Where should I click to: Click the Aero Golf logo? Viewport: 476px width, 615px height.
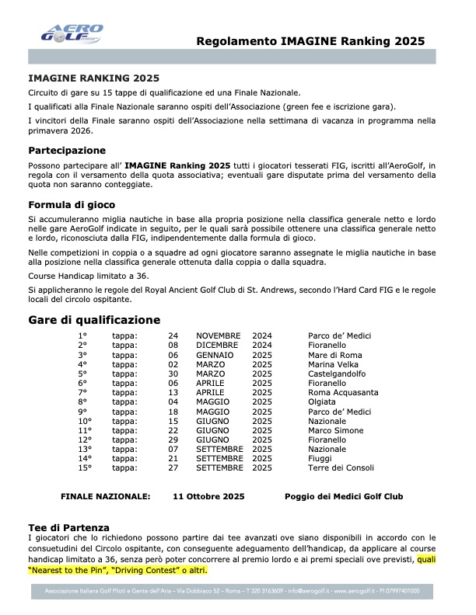[71, 33]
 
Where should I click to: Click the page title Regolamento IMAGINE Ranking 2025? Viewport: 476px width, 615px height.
[310, 40]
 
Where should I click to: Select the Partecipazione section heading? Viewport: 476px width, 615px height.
[67, 150]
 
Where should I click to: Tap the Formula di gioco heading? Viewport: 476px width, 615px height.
[72, 205]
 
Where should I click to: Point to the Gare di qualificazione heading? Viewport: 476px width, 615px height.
[94, 319]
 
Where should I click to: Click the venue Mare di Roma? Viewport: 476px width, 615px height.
[335, 355]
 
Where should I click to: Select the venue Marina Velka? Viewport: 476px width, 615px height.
[334, 364]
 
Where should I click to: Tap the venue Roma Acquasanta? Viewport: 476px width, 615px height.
[342, 392]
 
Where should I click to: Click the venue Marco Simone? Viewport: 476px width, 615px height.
[335, 430]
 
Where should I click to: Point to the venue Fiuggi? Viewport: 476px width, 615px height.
[321, 458]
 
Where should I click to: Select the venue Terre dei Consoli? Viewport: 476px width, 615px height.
[341, 467]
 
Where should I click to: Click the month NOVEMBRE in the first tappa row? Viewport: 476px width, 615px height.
[220, 335]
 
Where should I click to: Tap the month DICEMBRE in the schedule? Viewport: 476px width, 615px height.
[219, 345]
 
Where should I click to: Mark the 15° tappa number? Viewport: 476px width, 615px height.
[85, 467]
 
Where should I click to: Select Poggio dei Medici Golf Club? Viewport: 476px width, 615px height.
[344, 496]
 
